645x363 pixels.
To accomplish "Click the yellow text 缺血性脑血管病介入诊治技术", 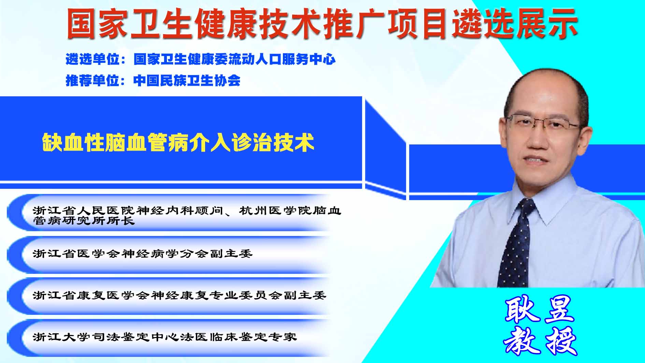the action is [178, 142].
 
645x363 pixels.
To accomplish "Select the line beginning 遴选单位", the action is [200, 59].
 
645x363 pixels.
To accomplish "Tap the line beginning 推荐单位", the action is [153, 80].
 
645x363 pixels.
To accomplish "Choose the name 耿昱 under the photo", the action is [539, 310].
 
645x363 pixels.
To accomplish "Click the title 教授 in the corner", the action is [540, 340].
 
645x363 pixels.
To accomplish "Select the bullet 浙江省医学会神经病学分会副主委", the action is [143, 253].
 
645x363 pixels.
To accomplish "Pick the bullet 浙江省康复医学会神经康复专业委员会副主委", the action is [180, 295].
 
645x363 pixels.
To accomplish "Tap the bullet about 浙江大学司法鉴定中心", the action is [165, 337].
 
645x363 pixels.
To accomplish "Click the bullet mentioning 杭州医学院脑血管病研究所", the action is [187, 215].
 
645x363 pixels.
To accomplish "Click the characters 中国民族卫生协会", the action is [187, 80].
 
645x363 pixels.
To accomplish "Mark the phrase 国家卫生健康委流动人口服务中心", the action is [234, 59].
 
